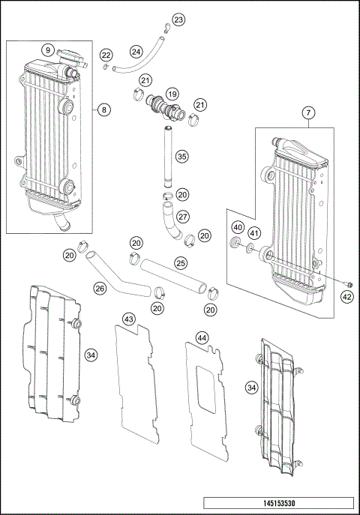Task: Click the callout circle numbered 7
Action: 307,114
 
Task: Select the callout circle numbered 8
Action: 104,109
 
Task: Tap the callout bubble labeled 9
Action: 47,50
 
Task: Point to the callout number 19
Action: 172,94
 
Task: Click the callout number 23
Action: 177,19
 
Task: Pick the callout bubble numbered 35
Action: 181,157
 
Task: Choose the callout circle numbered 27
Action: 182,217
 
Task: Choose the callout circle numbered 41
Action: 256,232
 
